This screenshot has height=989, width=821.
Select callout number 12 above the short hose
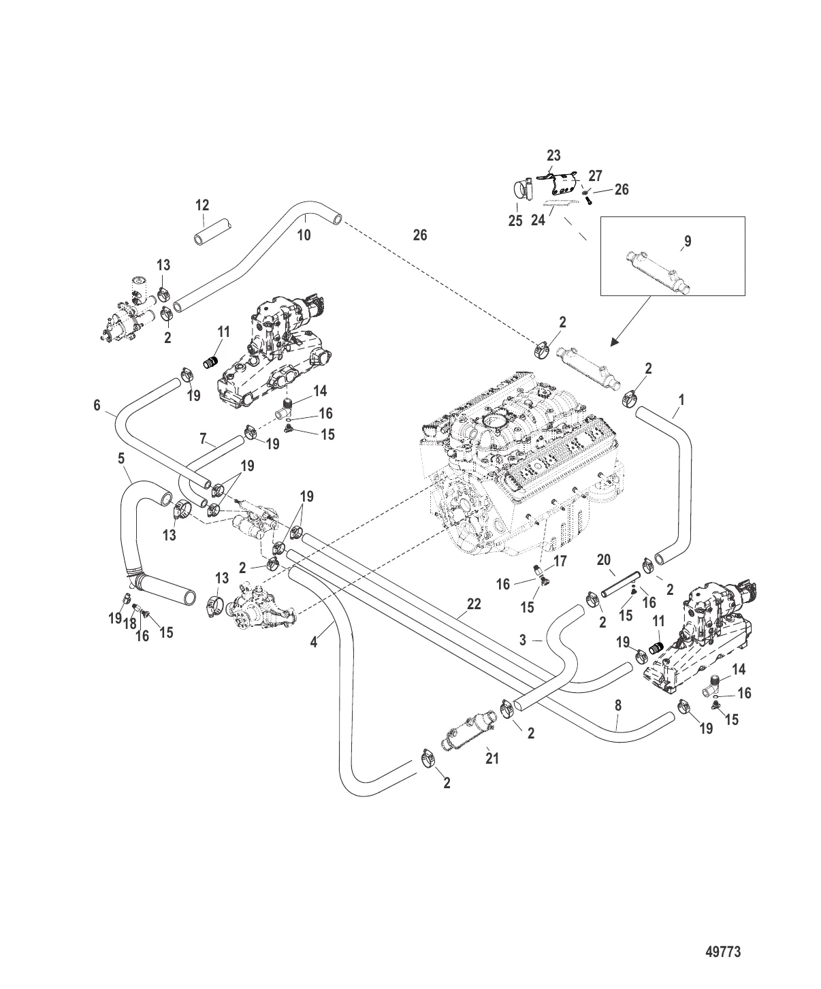pos(202,205)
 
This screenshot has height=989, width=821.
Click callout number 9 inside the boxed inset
pos(688,241)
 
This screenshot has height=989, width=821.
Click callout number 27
pos(595,176)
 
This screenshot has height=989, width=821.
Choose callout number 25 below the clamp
pos(515,221)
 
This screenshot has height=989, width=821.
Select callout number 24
pos(538,221)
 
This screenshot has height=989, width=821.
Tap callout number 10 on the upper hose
pos(304,235)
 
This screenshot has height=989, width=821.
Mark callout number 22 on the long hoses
pos(474,604)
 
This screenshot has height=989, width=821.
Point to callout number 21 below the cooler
pos(492,758)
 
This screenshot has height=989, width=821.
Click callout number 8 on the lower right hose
pos(618,707)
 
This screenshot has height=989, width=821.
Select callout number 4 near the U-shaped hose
pos(314,641)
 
